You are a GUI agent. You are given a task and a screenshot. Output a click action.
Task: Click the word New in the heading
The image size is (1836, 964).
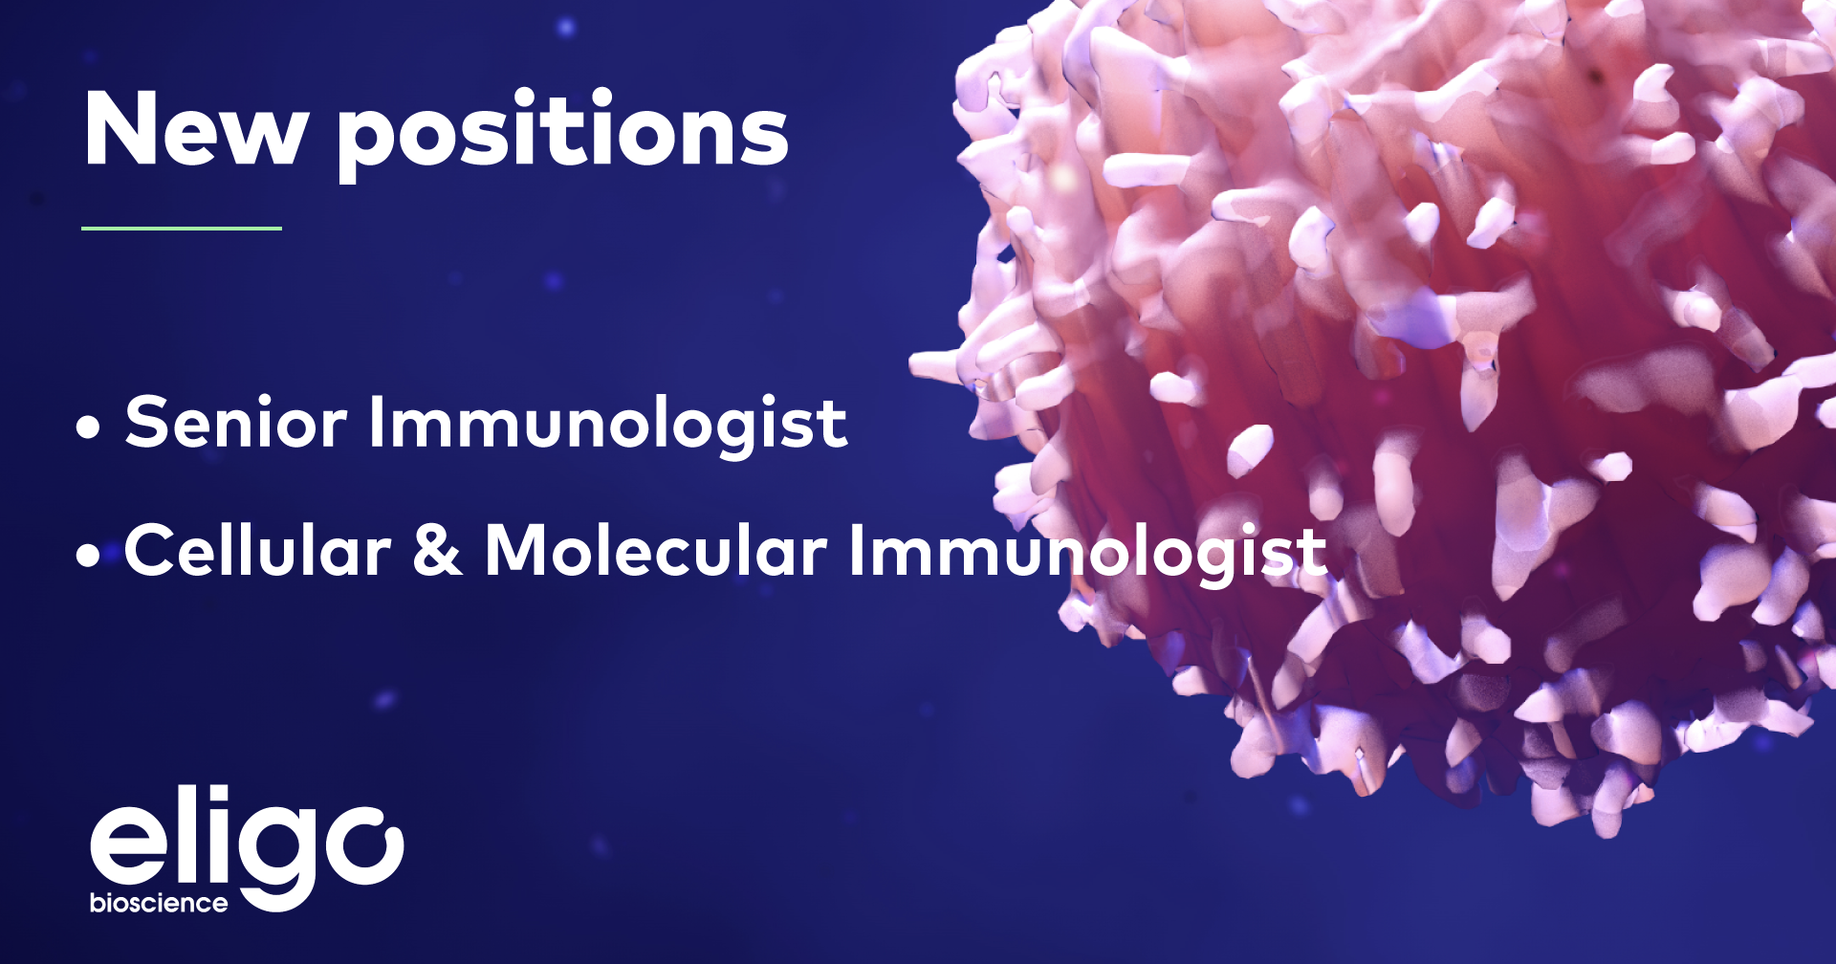[x=195, y=130]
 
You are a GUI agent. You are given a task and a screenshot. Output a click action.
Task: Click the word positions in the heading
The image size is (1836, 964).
[x=562, y=134]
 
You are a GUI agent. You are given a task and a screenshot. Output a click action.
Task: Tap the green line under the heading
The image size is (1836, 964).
[x=182, y=229]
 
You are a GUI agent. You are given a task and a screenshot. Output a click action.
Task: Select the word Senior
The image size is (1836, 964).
[x=235, y=423]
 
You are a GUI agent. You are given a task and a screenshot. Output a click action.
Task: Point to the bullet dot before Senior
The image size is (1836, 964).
[x=88, y=427]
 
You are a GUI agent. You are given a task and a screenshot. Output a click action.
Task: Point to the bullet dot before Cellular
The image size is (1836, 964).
[x=88, y=556]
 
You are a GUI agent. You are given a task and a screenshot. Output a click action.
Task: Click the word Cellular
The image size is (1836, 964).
[x=257, y=551]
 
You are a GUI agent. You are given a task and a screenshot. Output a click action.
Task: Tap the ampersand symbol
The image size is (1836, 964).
[x=438, y=551]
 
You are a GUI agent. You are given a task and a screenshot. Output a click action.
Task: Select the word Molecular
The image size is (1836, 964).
[x=656, y=551]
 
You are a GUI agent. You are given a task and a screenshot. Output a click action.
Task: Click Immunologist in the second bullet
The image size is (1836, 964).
[x=1088, y=553]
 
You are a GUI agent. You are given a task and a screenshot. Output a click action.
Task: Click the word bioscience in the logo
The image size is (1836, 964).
[x=159, y=904]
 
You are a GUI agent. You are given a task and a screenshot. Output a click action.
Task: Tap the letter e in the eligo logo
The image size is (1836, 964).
[x=129, y=846]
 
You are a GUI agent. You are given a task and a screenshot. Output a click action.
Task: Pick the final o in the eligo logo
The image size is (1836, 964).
[x=364, y=846]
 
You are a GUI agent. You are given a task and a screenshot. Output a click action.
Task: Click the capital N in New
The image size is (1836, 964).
[x=120, y=130]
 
